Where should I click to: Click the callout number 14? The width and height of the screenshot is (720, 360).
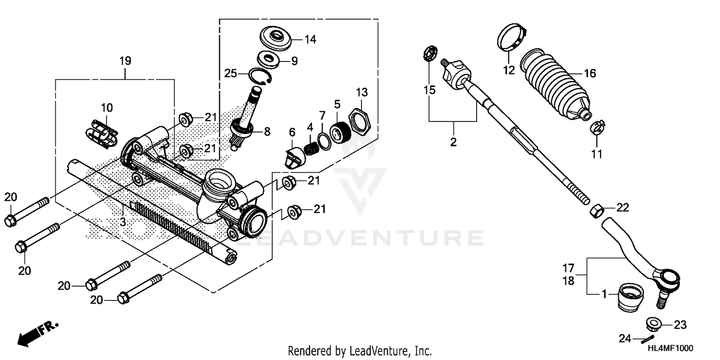coord(311,39)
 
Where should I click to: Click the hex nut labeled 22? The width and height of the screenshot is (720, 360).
coord(595,210)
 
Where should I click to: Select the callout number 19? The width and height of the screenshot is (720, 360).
coord(125,61)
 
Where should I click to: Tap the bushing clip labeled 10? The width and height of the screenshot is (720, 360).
coord(102,132)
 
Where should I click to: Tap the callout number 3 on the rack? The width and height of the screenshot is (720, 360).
coord(123,222)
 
